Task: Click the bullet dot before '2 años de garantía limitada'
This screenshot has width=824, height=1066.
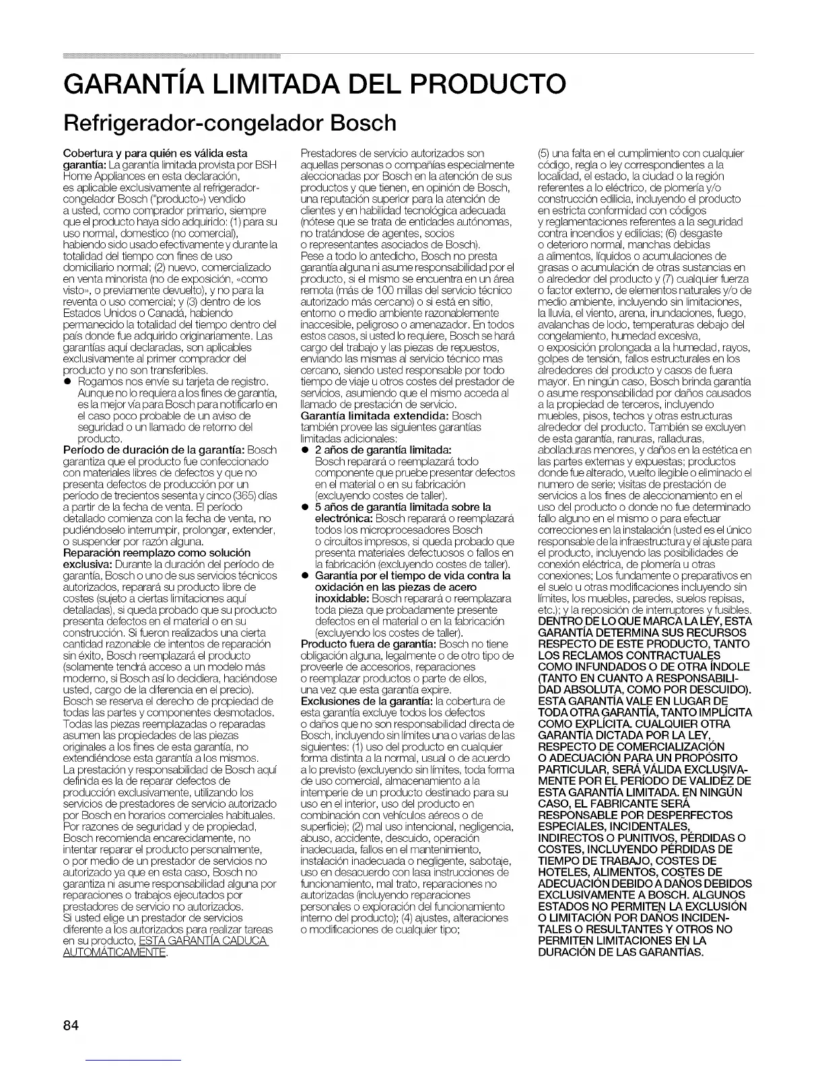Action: [x=305, y=450]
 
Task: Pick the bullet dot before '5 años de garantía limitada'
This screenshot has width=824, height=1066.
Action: [x=305, y=507]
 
